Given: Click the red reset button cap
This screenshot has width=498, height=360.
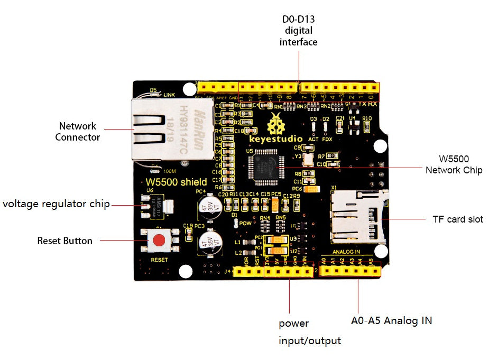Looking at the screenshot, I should point(158,241).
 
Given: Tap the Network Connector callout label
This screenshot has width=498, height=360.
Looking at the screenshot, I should point(77,132).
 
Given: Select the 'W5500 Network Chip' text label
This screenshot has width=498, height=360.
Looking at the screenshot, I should point(454,164).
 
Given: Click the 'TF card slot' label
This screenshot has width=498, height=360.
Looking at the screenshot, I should point(458,219).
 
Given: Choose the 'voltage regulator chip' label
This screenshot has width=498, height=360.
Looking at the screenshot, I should point(56,204).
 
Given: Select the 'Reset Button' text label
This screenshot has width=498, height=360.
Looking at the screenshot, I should point(64,241).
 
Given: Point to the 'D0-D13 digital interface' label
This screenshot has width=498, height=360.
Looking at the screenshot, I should point(298,31).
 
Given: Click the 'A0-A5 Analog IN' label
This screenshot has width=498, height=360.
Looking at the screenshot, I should point(391,320).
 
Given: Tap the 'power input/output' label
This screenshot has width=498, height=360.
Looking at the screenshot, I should point(309,332).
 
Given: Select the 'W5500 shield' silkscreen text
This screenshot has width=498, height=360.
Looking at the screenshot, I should point(176,183).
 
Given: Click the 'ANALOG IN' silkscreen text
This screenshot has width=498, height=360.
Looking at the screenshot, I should point(346,252).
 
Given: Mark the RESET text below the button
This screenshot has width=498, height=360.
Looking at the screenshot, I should point(159,260).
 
